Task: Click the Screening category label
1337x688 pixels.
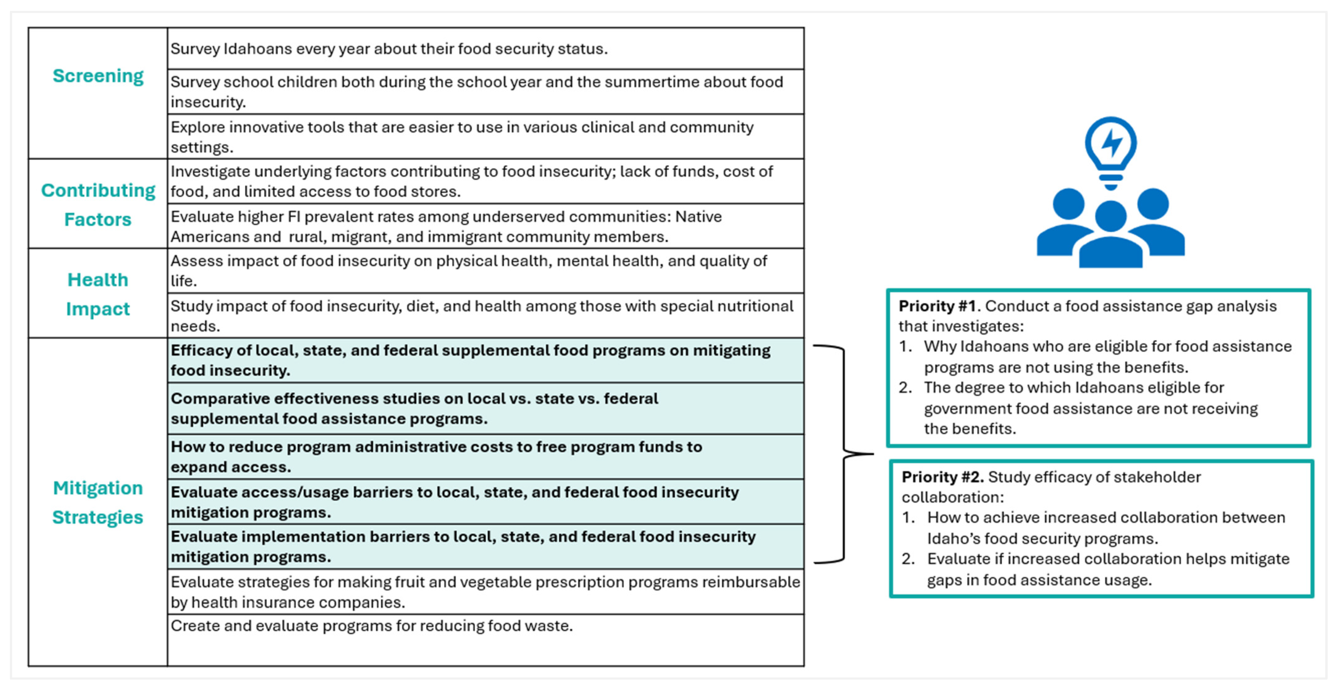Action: [98, 76]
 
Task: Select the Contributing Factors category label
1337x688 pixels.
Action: [98, 205]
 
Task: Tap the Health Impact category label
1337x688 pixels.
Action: [98, 294]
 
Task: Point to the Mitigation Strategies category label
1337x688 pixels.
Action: [98, 502]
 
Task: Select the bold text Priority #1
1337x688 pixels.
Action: [937, 306]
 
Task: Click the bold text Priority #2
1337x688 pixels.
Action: [942, 477]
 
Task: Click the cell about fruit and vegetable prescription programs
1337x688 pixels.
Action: [485, 592]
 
